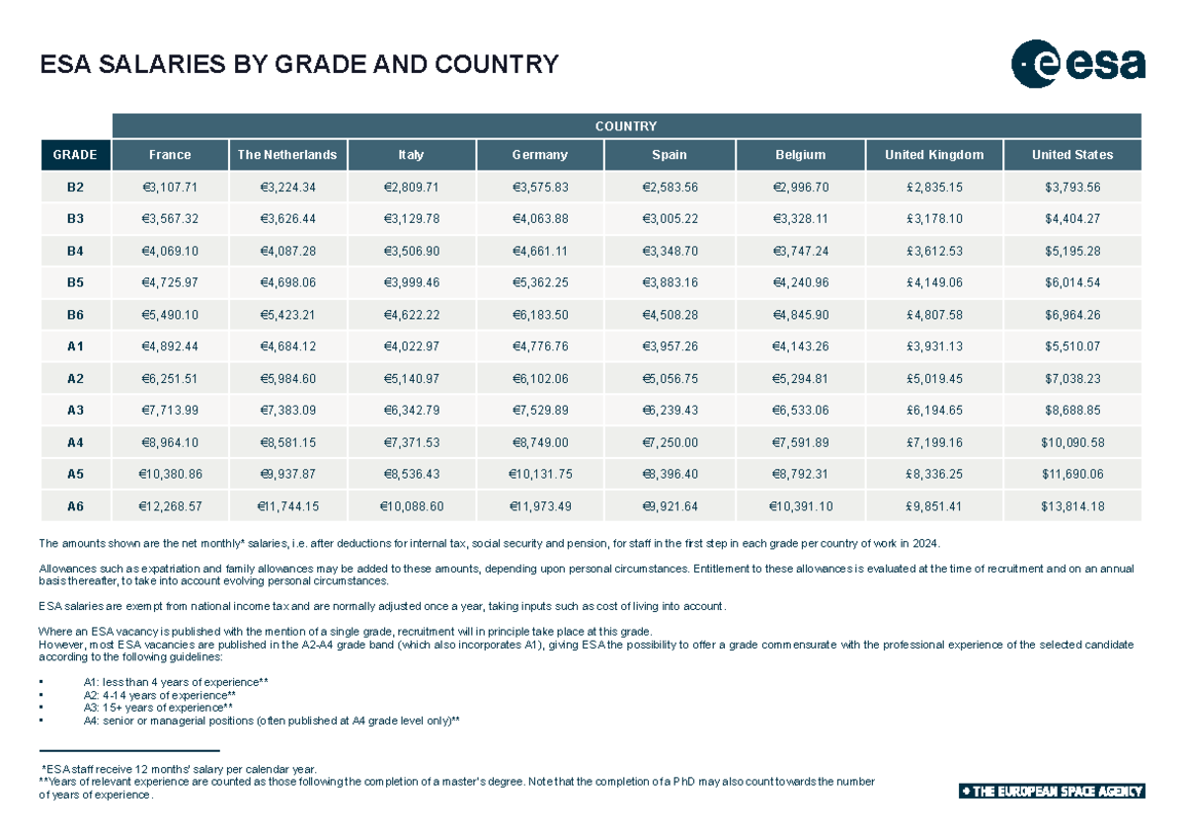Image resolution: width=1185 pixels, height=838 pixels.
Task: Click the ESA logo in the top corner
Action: [1077, 64]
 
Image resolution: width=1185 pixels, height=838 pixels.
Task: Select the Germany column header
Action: [539, 155]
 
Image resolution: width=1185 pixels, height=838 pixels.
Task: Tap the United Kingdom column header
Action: [933, 155]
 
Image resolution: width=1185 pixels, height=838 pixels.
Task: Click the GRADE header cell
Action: [75, 155]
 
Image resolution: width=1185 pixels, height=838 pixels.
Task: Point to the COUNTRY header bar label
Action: [626, 126]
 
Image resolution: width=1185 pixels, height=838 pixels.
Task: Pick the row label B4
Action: [75, 251]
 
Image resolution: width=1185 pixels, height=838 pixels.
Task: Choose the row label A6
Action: [75, 506]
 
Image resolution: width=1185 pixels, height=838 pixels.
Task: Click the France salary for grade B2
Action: [171, 187]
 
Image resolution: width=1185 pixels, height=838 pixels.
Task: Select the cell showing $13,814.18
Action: [1071, 506]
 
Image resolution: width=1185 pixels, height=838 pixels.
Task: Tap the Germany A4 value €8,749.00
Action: [539, 442]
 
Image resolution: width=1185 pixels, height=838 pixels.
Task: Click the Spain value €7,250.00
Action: [670, 442]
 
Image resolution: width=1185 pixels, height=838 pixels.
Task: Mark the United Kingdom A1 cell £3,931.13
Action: [933, 346]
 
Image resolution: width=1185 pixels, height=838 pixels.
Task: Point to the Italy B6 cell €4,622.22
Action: [411, 315]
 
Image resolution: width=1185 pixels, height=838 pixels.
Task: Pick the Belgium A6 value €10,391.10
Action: [800, 506]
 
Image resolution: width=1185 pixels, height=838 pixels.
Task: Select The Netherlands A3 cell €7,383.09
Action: [288, 411]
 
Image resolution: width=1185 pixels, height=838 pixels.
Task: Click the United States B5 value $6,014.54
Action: [1071, 282]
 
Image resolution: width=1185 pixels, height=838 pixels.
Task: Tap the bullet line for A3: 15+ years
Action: [158, 708]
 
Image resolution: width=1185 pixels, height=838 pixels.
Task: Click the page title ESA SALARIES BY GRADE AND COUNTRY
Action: [298, 65]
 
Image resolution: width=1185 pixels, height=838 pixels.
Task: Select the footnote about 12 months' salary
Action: [178, 768]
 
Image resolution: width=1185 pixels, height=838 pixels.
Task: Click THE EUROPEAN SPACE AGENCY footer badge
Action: [1051, 792]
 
